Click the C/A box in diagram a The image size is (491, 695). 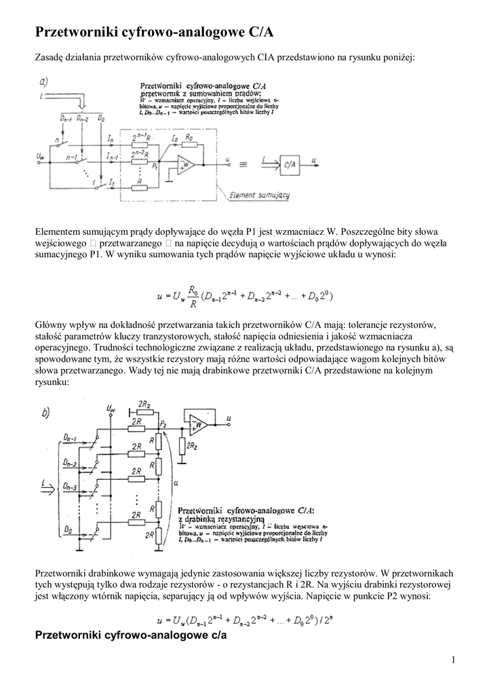[x=290, y=163]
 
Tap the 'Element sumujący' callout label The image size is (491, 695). [x=260, y=195]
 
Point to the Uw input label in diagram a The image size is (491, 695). [x=40, y=157]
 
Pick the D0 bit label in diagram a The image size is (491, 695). [x=101, y=118]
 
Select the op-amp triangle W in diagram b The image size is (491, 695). [x=199, y=424]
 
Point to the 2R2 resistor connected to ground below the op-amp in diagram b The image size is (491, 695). [x=182, y=445]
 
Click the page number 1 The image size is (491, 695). [x=453, y=660]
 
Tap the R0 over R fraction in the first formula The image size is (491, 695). [x=194, y=297]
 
